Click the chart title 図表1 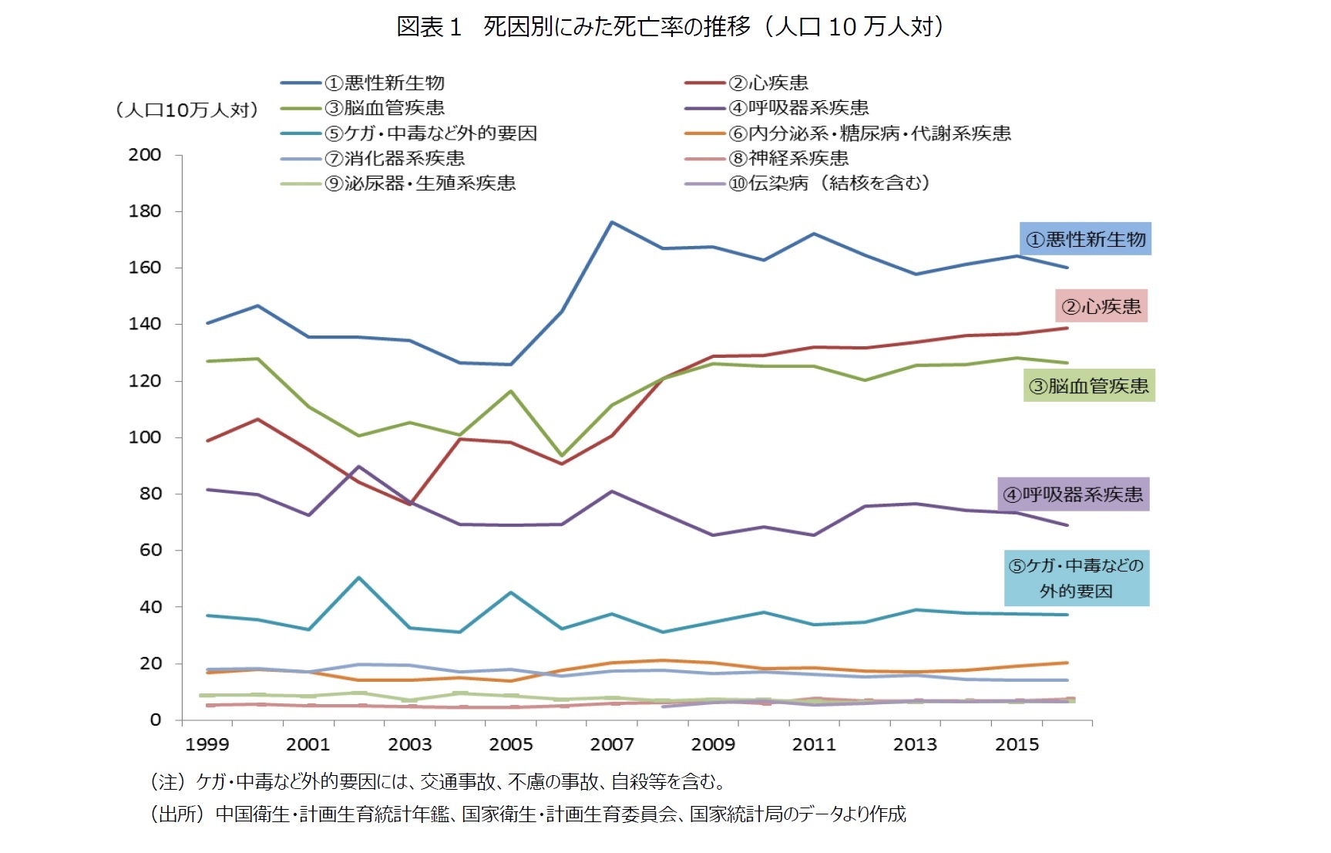tap(429, 27)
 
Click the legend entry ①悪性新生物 tap(384, 83)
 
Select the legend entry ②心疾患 tap(768, 83)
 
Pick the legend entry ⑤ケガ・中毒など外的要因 tap(430, 133)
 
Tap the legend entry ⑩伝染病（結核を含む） tap(829, 184)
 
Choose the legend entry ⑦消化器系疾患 tap(395, 159)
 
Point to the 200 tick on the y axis tap(145, 155)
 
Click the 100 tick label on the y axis tap(145, 437)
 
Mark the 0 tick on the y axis tap(155, 720)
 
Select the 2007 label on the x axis tap(612, 744)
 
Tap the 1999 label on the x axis tap(207, 744)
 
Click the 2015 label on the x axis tap(1017, 744)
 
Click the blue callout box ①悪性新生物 tap(1085, 239)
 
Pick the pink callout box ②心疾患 tap(1101, 306)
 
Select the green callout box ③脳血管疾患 tap(1088, 386)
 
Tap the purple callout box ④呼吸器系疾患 tap(1073, 494)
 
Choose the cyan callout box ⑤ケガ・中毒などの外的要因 tap(1076, 578)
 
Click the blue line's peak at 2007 tap(612, 222)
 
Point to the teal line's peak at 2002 tap(359, 578)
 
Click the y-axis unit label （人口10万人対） tap(187, 110)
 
